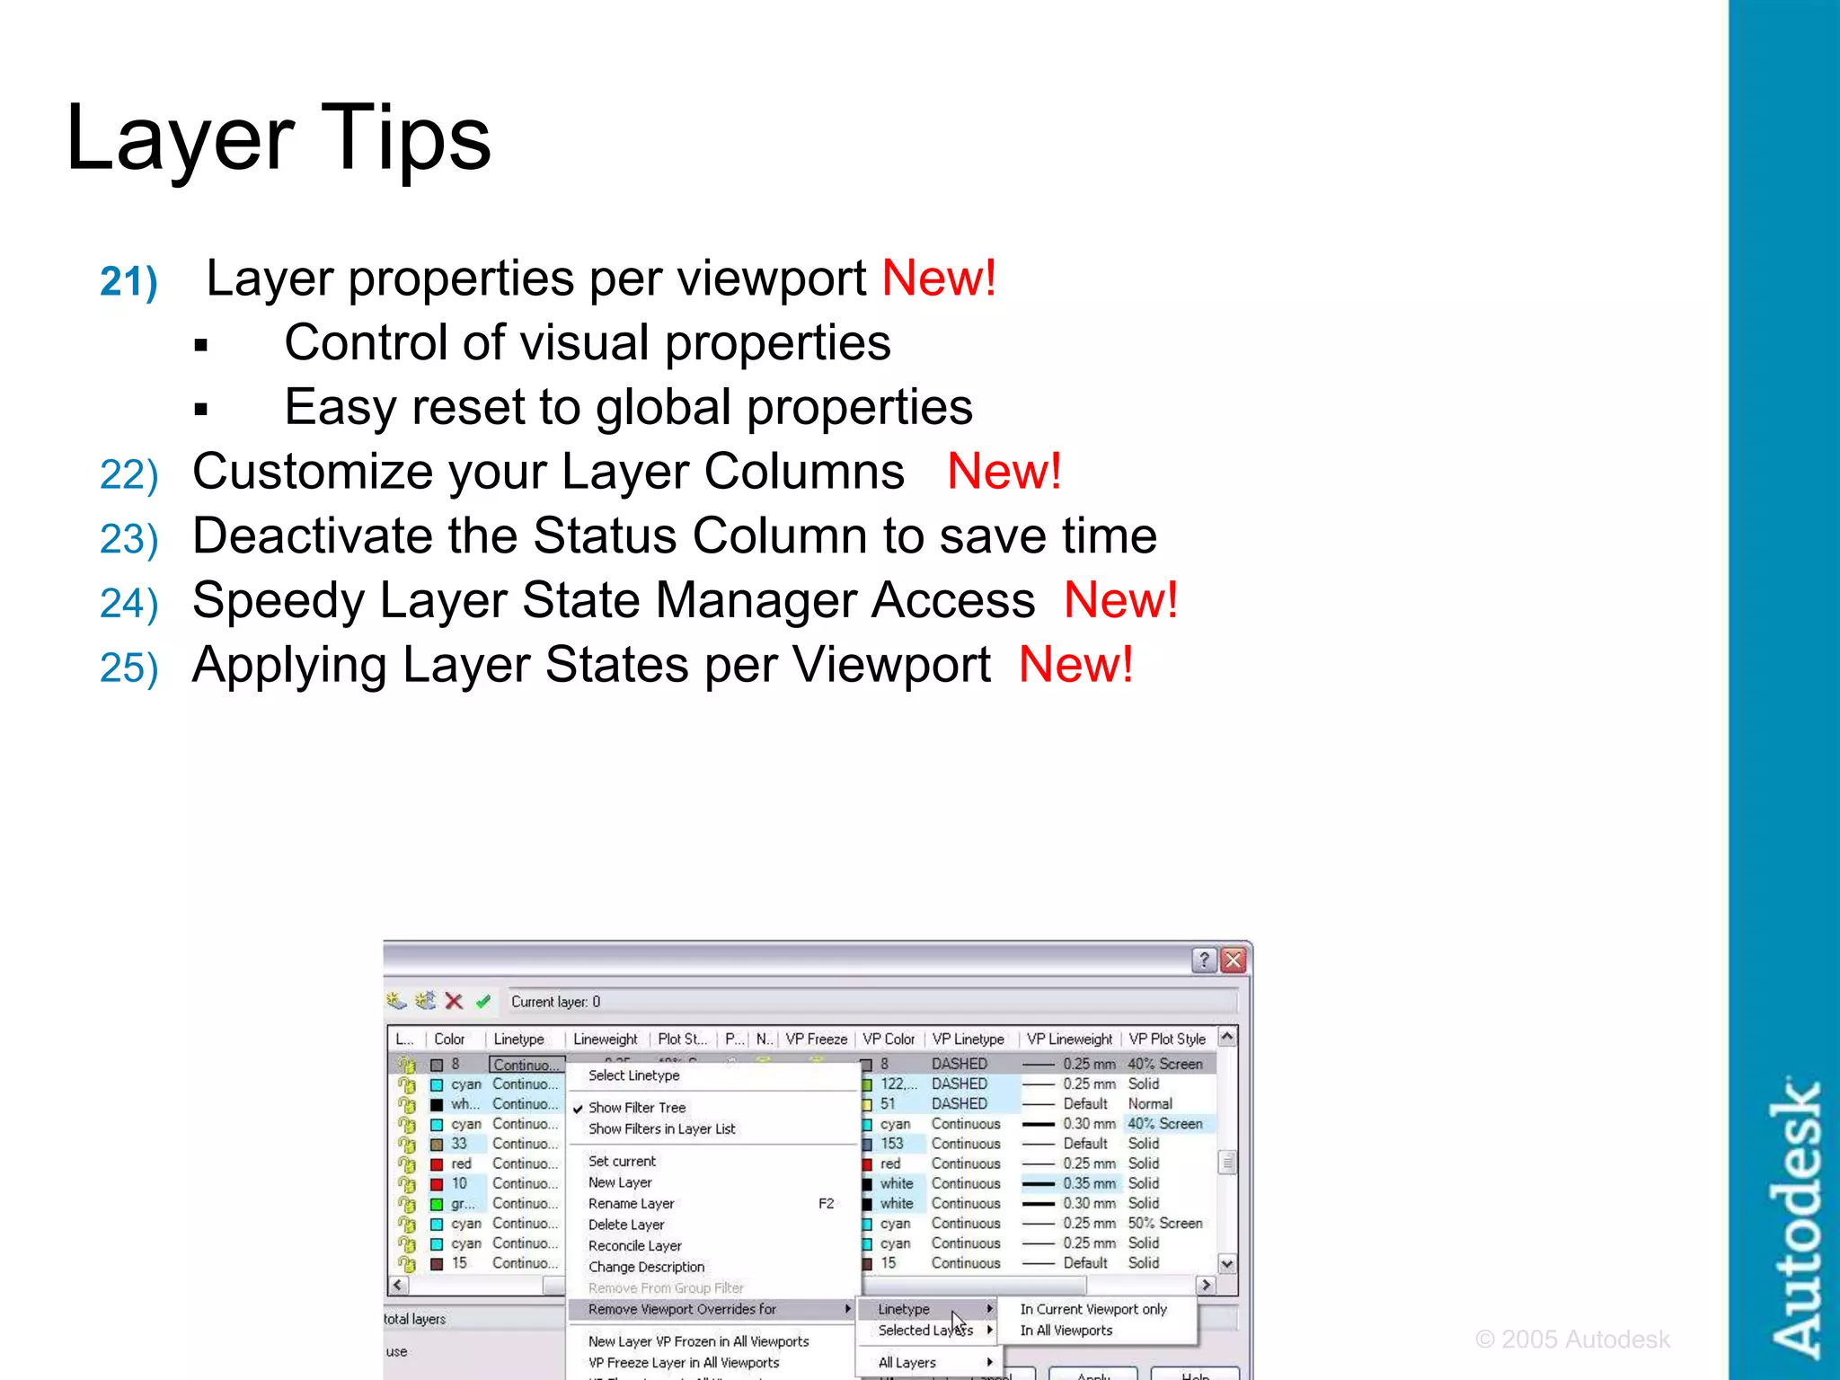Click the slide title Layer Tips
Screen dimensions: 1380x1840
pos(279,137)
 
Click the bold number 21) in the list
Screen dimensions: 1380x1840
pos(128,281)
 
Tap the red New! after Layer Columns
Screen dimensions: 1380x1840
pos(1004,472)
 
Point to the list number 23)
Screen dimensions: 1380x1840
pos(128,539)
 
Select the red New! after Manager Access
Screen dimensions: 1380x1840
pos(1119,600)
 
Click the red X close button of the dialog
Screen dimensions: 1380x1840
pos(1234,960)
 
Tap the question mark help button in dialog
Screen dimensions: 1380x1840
pos(1204,960)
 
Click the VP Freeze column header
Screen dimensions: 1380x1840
pos(816,1039)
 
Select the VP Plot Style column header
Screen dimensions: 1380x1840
pos(1166,1039)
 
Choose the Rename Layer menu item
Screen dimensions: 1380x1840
pos(631,1204)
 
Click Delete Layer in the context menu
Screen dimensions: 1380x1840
pos(626,1225)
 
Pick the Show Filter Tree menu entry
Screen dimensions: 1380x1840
pos(636,1108)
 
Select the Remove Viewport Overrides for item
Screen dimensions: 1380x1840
pos(682,1309)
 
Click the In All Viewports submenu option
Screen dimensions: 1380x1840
pos(1066,1331)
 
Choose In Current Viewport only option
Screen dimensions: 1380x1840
pos(1092,1309)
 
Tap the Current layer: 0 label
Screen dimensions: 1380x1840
pos(555,1002)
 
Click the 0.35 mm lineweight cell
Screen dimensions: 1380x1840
pos(1089,1183)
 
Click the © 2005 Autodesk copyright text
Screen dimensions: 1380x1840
pos(1571,1340)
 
